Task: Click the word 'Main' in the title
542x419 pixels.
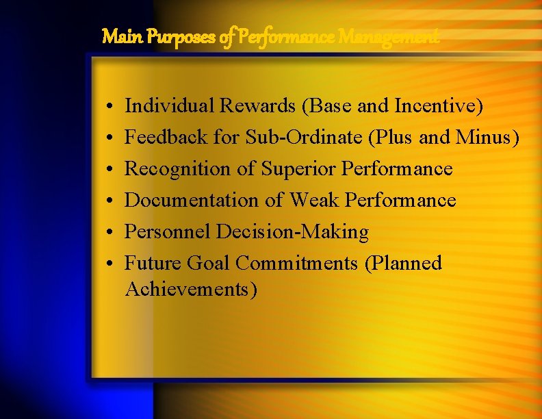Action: [116, 36]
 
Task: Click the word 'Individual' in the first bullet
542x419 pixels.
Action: [170, 106]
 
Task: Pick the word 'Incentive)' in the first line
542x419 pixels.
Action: [439, 106]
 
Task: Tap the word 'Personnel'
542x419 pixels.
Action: [168, 232]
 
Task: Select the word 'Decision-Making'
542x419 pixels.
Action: [292, 232]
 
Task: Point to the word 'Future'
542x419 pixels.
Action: [155, 264]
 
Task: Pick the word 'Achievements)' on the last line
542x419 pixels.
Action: [192, 290]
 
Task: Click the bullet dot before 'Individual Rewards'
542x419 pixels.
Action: [109, 107]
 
